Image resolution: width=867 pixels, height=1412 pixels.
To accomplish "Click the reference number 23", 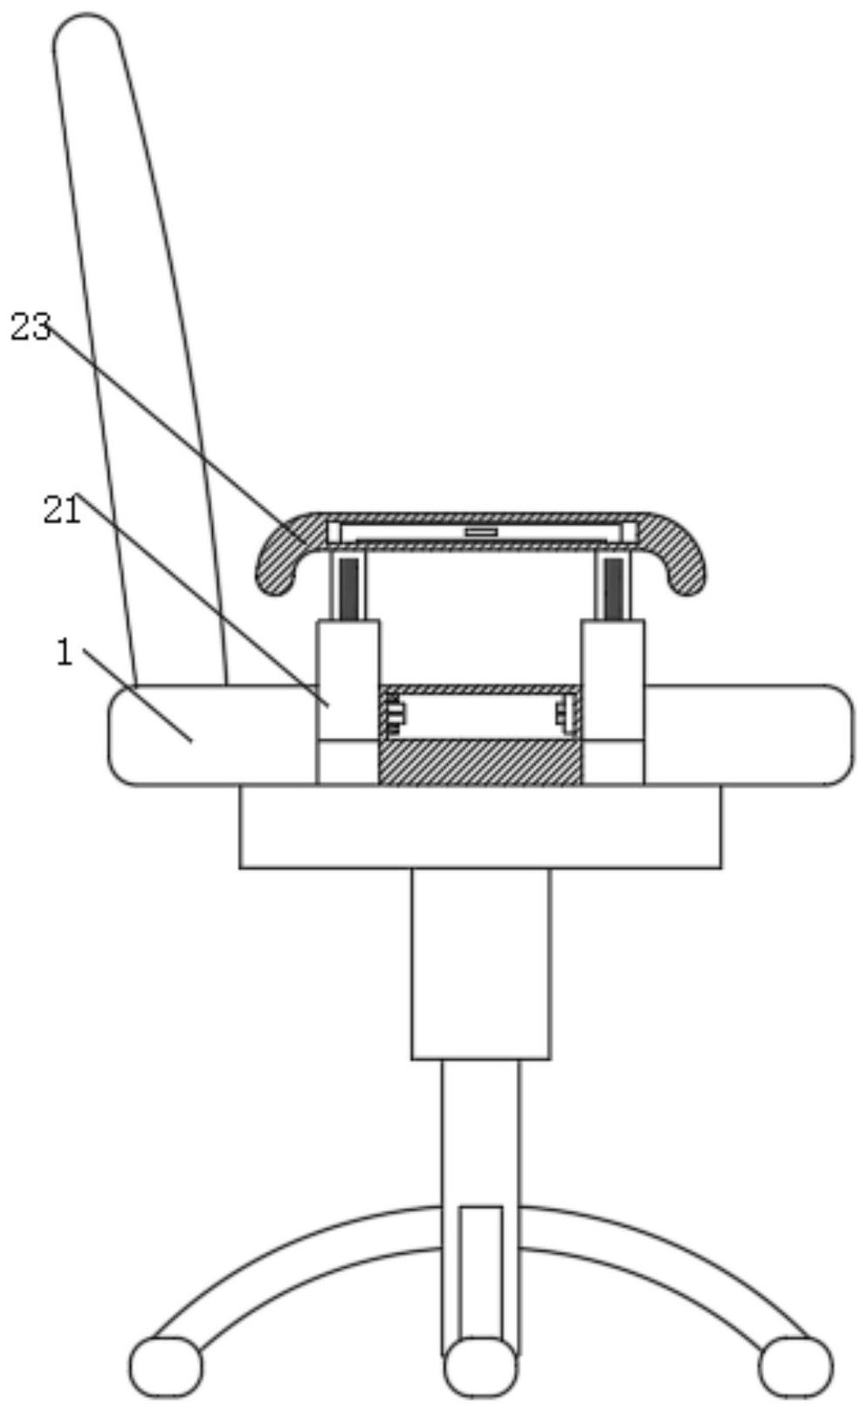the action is (31, 327).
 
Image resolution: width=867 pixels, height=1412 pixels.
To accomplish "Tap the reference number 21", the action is (62, 511).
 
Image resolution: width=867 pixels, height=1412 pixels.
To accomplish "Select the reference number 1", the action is (65, 652).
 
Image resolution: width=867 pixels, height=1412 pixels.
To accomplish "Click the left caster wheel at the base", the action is (167, 1367).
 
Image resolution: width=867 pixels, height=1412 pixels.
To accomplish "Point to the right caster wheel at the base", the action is (795, 1367).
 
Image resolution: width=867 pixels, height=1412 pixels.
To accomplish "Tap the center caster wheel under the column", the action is (481, 1367).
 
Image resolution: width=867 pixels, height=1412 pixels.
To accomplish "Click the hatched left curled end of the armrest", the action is (286, 554).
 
